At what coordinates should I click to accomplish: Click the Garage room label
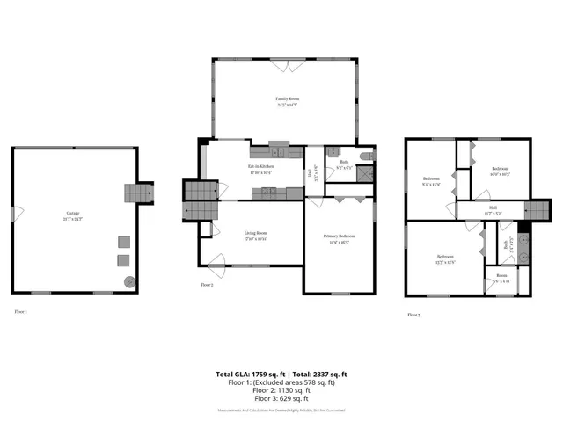[71, 215]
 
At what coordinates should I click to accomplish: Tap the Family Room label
[286, 102]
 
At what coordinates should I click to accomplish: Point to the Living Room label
[256, 235]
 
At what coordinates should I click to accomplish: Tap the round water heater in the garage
[129, 282]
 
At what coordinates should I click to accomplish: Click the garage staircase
[138, 192]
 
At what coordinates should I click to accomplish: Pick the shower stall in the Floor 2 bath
[361, 173]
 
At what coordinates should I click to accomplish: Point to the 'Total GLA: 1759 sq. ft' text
[248, 375]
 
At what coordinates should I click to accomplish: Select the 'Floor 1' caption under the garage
[20, 311]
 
